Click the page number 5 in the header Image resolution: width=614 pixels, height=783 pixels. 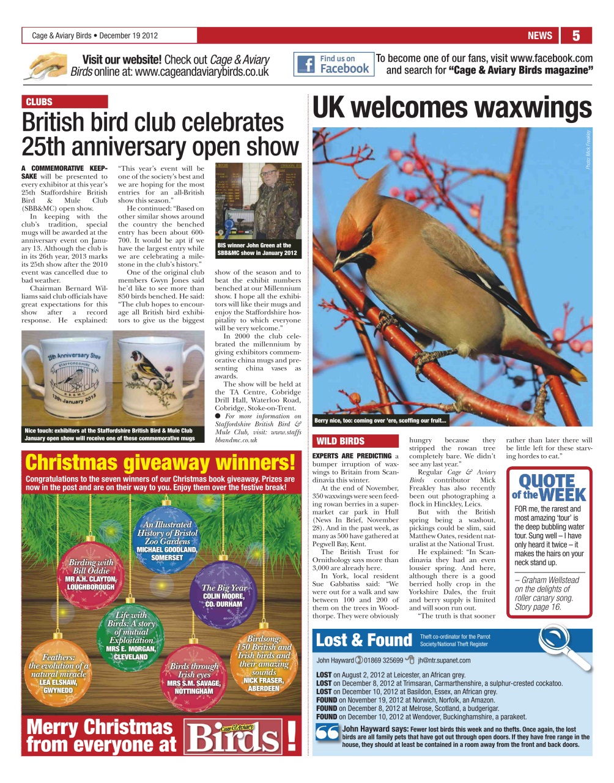click(x=575, y=35)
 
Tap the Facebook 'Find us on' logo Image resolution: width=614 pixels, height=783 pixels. click(x=334, y=64)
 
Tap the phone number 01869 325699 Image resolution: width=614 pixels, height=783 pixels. click(x=383, y=661)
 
